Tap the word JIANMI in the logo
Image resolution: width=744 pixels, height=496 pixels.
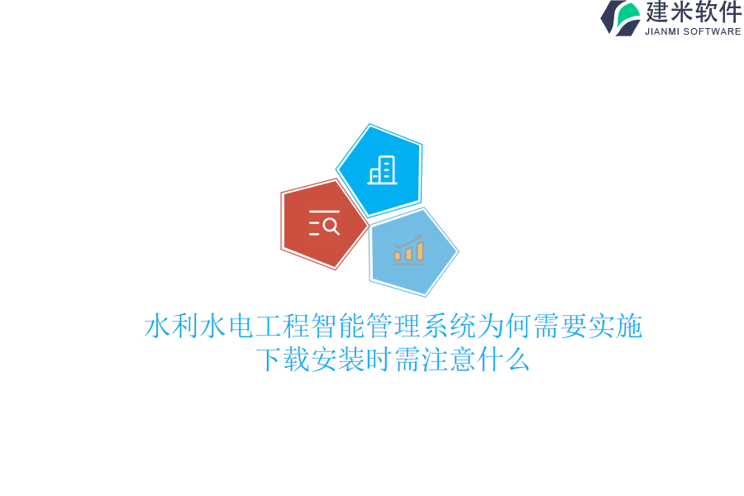(x=662, y=31)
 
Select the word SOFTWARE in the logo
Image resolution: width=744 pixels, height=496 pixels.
(x=713, y=31)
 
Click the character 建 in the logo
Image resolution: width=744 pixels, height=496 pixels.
(x=657, y=12)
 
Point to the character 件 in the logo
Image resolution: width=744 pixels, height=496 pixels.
(x=730, y=12)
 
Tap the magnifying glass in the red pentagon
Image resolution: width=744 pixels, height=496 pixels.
(x=331, y=225)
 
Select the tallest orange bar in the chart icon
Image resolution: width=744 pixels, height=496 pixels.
(x=420, y=250)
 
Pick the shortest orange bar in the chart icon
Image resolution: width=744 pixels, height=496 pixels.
(x=398, y=255)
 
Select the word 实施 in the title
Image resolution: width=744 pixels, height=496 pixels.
(x=615, y=327)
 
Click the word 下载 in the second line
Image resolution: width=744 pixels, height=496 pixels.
(x=282, y=360)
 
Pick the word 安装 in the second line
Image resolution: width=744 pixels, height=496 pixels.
(x=337, y=360)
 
